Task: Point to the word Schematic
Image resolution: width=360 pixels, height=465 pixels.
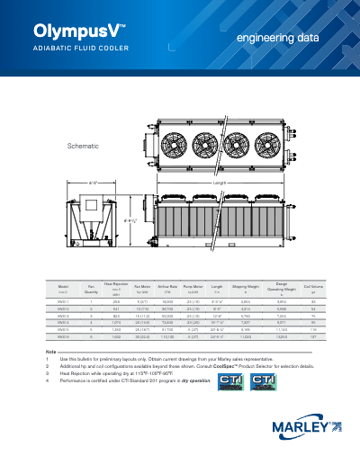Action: (x=84, y=145)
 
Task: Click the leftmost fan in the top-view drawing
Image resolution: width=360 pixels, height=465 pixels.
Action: (x=173, y=145)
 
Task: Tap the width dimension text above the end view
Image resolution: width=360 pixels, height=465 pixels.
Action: (x=94, y=183)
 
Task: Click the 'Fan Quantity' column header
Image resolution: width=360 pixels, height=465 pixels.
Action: (x=91, y=289)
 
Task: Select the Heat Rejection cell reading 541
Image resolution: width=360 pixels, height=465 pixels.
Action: (x=116, y=309)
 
